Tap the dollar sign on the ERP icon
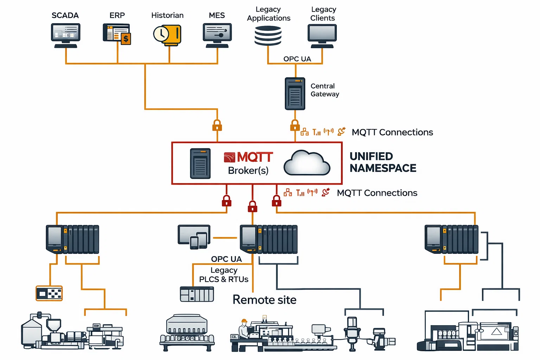126,39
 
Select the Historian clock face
161,34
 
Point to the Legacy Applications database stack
268,36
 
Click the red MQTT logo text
255,157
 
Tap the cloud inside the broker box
307,163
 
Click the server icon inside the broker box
200,163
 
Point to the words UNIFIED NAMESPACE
382,162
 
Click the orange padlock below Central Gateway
295,126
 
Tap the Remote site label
264,300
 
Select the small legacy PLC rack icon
197,294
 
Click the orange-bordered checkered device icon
49,293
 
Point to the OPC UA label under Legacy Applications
297,59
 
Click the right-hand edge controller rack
451,239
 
